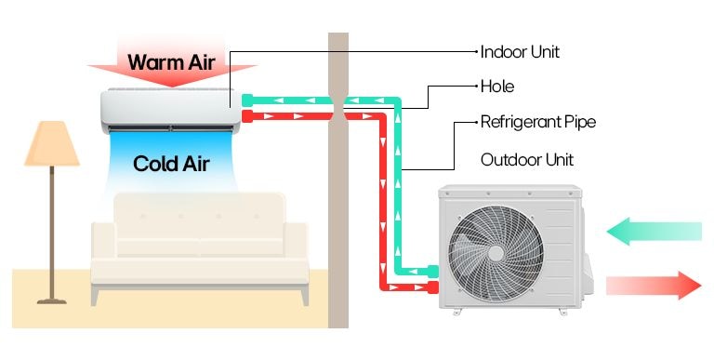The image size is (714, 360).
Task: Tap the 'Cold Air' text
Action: coord(171,165)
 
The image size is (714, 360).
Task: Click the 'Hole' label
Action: coord(497,87)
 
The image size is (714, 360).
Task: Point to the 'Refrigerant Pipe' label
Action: coord(538,122)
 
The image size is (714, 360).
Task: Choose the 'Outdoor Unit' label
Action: coord(527,159)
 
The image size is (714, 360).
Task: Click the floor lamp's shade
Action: coord(51,144)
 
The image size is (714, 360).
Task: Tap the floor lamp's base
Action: coord(52,299)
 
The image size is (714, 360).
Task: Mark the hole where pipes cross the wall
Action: coord(338,107)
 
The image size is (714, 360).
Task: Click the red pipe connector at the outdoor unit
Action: coord(432,287)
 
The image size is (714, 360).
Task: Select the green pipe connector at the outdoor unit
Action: coord(432,271)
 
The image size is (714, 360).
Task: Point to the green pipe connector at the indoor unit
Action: coord(246,99)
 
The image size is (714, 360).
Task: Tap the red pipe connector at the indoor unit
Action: coord(246,115)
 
